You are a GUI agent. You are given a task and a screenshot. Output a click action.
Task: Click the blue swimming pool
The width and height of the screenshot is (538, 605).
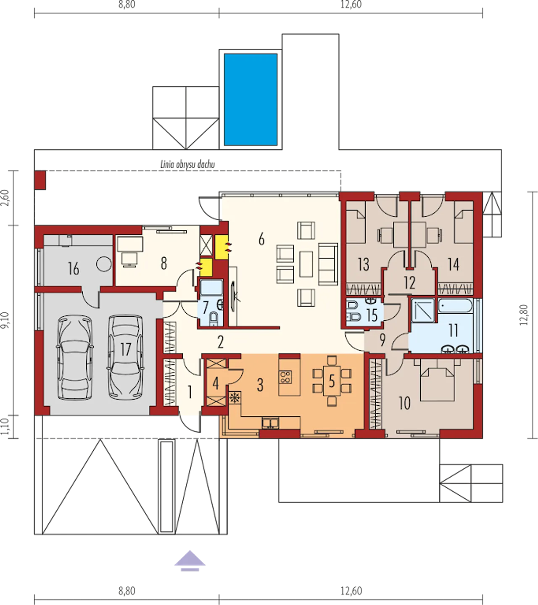tap(251, 100)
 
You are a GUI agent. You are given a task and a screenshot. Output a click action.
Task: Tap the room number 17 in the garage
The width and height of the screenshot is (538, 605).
tap(126, 349)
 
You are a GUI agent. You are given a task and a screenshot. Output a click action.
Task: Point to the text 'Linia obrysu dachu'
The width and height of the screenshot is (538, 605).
tap(187, 164)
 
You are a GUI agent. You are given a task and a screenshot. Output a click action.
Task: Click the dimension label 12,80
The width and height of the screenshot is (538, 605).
tap(524, 315)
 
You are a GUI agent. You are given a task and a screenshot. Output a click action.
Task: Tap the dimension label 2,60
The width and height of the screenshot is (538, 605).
tap(6, 198)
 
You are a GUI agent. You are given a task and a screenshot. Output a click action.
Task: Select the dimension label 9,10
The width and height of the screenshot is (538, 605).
tap(6, 320)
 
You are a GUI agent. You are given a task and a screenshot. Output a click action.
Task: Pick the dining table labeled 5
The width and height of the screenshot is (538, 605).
tap(332, 381)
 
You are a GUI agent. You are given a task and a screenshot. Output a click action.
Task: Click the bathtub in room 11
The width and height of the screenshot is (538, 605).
tap(456, 306)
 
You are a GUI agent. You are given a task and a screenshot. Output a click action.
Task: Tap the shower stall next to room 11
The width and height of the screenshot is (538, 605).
tap(423, 311)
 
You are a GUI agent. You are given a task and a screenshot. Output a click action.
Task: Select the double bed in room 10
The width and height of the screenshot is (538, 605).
tap(438, 384)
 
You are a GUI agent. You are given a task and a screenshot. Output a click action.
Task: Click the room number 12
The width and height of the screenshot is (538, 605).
tap(409, 283)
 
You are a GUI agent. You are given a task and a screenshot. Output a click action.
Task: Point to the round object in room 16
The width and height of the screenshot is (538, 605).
tap(104, 264)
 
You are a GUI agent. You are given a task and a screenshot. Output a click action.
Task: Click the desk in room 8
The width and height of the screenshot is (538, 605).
tap(130, 244)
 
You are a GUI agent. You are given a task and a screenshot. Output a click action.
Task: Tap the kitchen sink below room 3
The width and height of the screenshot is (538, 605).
tap(271, 423)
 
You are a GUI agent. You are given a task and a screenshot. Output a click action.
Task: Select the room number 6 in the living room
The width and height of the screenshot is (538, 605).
tap(261, 239)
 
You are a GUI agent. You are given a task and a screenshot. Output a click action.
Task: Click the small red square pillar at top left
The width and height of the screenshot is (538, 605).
tap(40, 180)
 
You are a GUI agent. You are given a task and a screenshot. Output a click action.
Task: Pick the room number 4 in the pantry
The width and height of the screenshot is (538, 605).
tap(216, 384)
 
